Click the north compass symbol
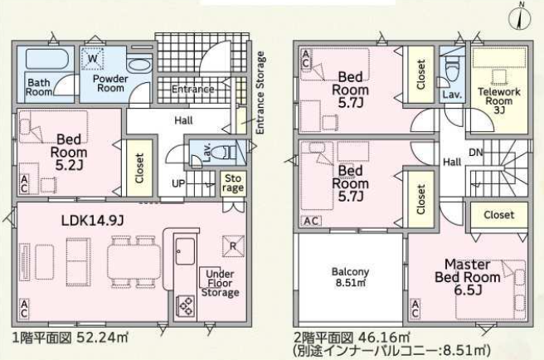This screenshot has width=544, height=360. click(x=520, y=18)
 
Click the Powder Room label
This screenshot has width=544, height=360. click(x=110, y=83)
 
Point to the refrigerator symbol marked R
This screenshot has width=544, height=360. click(x=233, y=246)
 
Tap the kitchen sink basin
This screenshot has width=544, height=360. click(x=185, y=251)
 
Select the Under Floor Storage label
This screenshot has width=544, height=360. click(x=220, y=284)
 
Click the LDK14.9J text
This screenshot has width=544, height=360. click(x=93, y=221)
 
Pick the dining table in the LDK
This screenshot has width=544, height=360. click(x=134, y=261)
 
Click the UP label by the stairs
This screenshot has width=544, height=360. click(x=178, y=183)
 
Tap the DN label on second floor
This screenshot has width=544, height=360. click(x=476, y=153)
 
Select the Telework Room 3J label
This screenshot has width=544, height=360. click(x=499, y=100)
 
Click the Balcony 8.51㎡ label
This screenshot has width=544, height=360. click(x=351, y=277)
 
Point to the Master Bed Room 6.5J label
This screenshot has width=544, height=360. click(x=468, y=277)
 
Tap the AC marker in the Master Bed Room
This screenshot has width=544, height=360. click(x=415, y=309)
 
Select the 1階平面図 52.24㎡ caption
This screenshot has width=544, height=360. click(x=70, y=338)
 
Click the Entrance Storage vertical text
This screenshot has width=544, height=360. click(x=260, y=92)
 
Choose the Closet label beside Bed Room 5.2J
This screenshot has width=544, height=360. click(x=139, y=168)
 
